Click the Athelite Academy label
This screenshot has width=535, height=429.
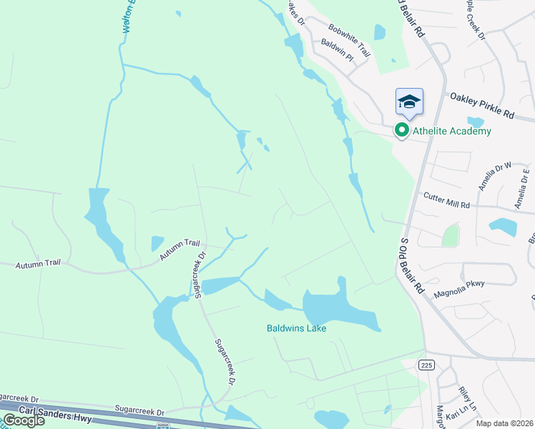[x=451, y=131]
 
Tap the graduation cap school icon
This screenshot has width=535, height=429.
[x=409, y=102]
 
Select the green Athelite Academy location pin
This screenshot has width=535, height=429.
[x=401, y=130]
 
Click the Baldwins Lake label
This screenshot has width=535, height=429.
[x=297, y=328]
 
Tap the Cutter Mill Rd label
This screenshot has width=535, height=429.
[x=446, y=199]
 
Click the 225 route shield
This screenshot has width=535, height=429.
[x=427, y=365]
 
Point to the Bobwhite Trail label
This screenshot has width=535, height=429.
[x=350, y=40]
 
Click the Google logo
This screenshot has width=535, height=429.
[x=24, y=420]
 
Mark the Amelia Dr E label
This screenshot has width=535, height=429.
[x=524, y=187]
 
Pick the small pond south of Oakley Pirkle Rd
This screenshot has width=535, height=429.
[x=474, y=122]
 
